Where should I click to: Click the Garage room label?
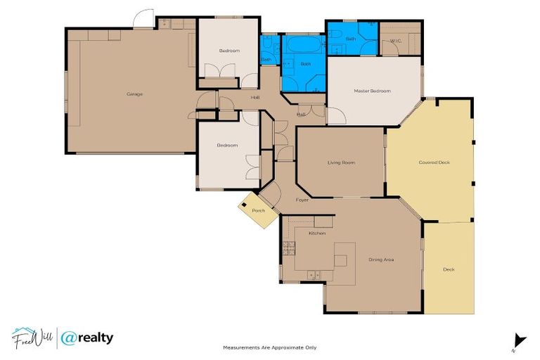click(x=134, y=94)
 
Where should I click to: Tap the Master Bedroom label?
click(x=372, y=91)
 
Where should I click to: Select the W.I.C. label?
click(x=396, y=41)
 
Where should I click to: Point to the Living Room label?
click(x=341, y=162)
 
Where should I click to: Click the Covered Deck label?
click(x=434, y=162)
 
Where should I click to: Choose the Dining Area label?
click(x=381, y=259)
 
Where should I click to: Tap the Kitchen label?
click(x=317, y=233)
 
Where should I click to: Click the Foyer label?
click(x=302, y=200)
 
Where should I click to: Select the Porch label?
click(x=258, y=210)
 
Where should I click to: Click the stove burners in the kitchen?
click(x=288, y=247)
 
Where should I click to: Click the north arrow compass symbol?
click(x=519, y=340)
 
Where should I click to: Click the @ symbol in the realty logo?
click(x=69, y=338)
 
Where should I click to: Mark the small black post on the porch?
click(x=244, y=205)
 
